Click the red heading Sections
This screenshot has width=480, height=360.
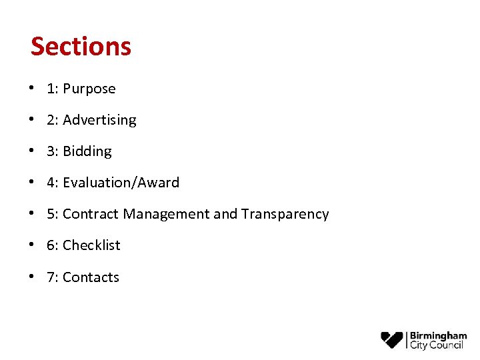pos(81,46)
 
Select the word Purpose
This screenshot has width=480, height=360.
pos(89,89)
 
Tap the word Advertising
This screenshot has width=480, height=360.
pos(99,120)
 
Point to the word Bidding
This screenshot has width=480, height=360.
pos(87,151)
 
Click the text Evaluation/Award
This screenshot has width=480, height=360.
pos(121,183)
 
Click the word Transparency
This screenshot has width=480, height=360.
pos(285,214)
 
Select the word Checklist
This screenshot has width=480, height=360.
pos(91,245)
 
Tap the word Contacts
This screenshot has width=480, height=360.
pos(91,277)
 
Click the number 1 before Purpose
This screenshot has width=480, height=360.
pos(51,89)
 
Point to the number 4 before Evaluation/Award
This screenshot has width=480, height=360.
pos(51,183)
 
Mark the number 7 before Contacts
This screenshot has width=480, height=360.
pos(51,277)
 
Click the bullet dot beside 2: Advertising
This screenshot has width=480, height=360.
pos(33,120)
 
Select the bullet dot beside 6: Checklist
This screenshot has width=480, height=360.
pos(33,245)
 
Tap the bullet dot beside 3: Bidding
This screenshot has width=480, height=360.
pos(33,151)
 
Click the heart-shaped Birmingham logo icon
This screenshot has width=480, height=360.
pos(392,339)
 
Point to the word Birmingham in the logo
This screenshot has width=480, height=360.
pos(438,335)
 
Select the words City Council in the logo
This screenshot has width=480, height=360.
pos(437,345)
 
